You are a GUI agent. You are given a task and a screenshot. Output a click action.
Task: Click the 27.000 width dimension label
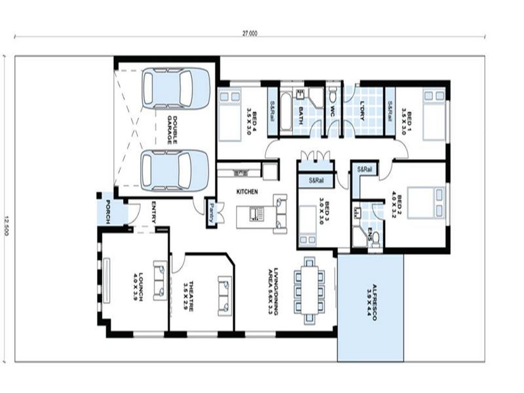[x=250, y=32]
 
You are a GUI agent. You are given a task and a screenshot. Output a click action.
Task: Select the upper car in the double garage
[x=176, y=88]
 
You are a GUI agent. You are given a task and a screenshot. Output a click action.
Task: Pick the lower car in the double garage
[x=175, y=171]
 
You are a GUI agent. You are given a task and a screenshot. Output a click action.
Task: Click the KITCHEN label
[x=248, y=191]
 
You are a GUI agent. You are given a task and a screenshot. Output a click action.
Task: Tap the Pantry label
[x=212, y=213]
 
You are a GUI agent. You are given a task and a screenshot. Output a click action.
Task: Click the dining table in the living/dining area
[x=309, y=290]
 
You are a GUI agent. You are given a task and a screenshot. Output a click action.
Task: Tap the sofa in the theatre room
[x=224, y=296]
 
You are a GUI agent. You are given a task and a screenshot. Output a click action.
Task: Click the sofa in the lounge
[x=160, y=280]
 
